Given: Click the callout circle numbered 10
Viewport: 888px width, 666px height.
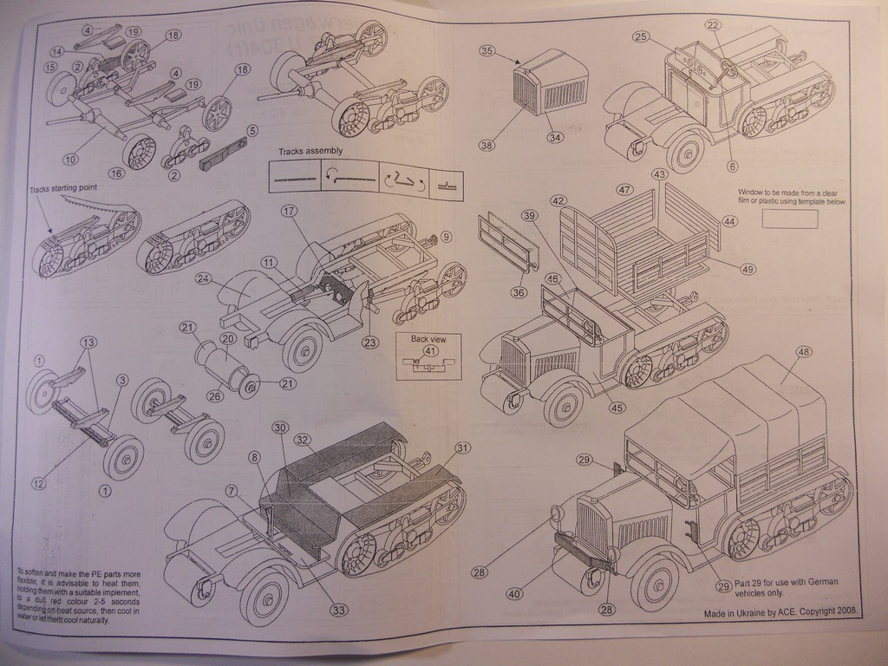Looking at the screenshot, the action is (x=69, y=159).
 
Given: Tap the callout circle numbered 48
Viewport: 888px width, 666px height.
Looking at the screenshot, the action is (x=804, y=352).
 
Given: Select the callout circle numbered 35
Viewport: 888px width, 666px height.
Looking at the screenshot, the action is (x=487, y=51).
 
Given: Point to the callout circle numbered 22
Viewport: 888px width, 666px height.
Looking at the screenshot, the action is (x=713, y=25).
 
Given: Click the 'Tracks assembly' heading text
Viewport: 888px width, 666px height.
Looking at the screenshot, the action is (x=310, y=151).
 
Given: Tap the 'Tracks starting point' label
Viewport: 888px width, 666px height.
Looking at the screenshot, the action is (x=63, y=187).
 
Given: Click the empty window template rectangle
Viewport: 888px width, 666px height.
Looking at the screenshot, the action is (x=789, y=219).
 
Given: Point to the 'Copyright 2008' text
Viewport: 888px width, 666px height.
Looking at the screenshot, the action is (x=822, y=611).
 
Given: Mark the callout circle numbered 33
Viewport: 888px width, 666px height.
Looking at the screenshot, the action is (x=338, y=610).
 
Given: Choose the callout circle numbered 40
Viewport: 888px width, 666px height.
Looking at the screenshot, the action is (x=515, y=594).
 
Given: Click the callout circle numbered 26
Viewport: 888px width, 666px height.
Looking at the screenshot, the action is (x=214, y=396).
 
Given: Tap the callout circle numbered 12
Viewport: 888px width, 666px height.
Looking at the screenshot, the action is (x=38, y=483).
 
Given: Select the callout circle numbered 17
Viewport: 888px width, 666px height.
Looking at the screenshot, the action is (x=289, y=211).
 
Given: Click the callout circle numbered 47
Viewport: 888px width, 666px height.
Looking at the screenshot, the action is (x=624, y=189).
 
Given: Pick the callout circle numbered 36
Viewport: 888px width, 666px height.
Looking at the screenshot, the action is (x=519, y=292).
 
